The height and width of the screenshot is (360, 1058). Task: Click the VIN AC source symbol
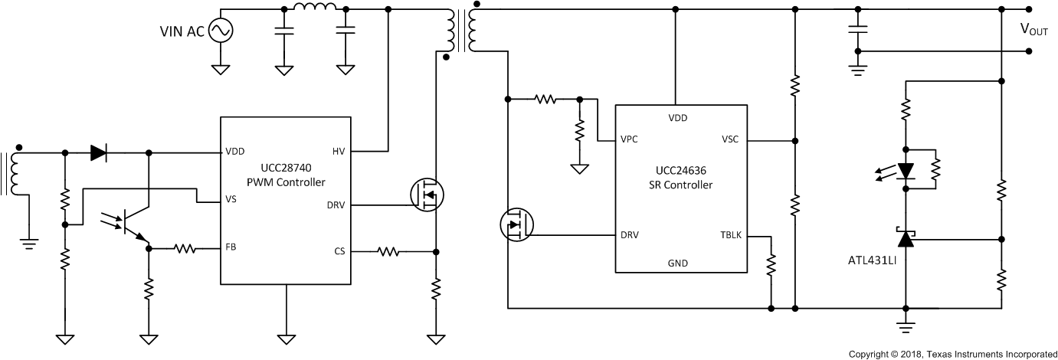pyautogui.click(x=220, y=31)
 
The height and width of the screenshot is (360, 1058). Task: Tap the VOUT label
pyautogui.click(x=1033, y=29)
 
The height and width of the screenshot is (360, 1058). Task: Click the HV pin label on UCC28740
pyautogui.click(x=339, y=151)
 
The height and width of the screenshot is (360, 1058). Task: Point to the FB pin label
pyautogui.click(x=230, y=248)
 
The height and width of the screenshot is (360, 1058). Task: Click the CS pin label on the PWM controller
pyautogui.click(x=340, y=250)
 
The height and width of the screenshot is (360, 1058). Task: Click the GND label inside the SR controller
pyautogui.click(x=677, y=263)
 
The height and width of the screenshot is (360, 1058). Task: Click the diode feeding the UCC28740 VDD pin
pyautogui.click(x=98, y=152)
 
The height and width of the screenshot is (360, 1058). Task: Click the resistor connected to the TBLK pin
pyautogui.click(x=771, y=264)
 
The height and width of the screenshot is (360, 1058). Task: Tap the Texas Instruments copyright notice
pyautogui.click(x=952, y=354)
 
